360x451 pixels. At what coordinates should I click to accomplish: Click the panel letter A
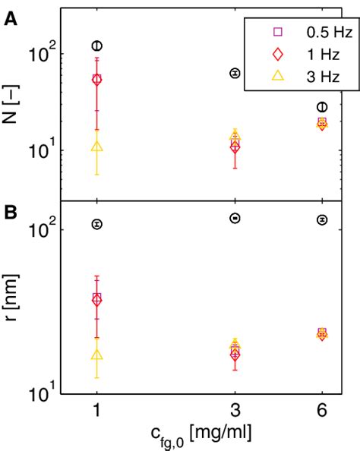click(11, 20)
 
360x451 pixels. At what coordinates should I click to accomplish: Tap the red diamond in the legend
click(277, 54)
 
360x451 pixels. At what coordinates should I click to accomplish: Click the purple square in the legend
click(277, 32)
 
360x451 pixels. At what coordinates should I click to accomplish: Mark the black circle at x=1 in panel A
click(97, 46)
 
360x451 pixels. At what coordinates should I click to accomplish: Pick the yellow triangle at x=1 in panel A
click(97, 146)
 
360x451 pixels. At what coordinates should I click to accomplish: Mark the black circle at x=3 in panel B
click(235, 218)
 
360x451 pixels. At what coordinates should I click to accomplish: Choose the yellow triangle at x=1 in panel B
click(97, 355)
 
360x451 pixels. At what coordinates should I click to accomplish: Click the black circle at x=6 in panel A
click(323, 107)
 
